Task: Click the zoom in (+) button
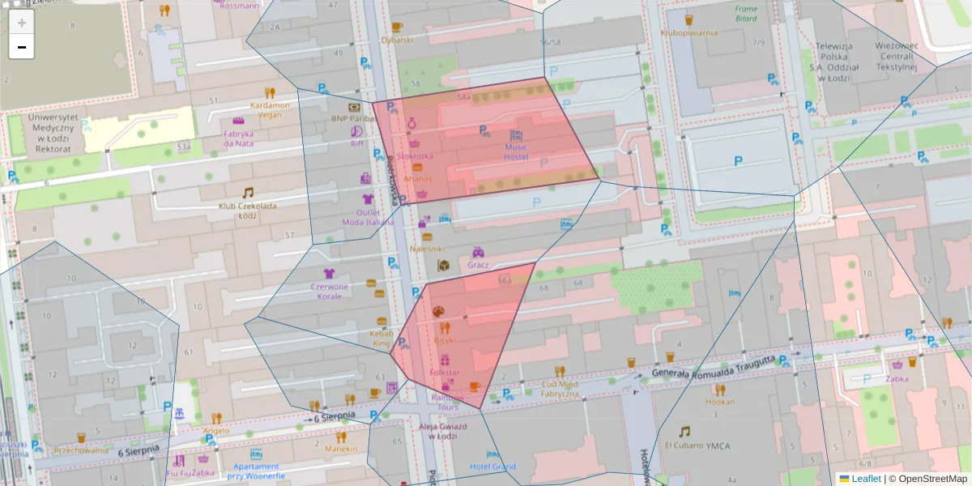[x=22, y=23]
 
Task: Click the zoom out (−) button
[x=22, y=47]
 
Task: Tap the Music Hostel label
[x=516, y=152]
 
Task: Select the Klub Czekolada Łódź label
[x=247, y=211]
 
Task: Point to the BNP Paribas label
[x=353, y=118]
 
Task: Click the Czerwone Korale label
[x=330, y=292]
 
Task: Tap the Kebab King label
[x=382, y=339]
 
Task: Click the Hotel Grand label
[x=492, y=467]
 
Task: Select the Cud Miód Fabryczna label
[x=561, y=389]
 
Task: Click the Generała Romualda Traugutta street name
[x=714, y=367]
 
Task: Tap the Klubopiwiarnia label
[x=688, y=33]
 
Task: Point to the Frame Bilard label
[x=746, y=14]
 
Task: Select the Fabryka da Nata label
[x=239, y=139]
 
